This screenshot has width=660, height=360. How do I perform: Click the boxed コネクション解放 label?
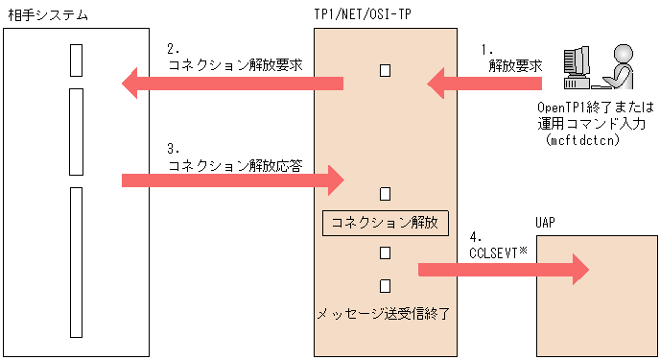coord(384,223)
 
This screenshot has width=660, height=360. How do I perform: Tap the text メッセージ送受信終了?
coord(384,313)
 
